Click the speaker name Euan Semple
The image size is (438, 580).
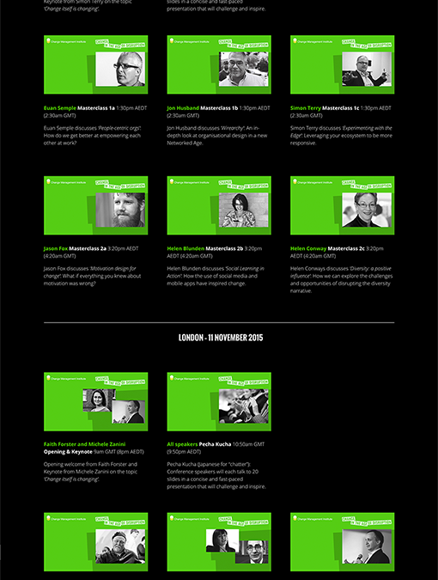pyautogui.click(x=60, y=108)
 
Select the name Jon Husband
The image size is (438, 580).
pyautogui.click(x=182, y=108)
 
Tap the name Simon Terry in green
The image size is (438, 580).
pyautogui.click(x=306, y=108)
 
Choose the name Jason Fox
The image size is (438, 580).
pyautogui.click(x=56, y=248)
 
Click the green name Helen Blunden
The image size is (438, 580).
pyautogui.click(x=185, y=248)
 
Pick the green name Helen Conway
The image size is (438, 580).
pyautogui.click(x=307, y=248)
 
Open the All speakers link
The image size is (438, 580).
pyautogui.click(x=182, y=444)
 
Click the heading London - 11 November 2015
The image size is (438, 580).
pyautogui.click(x=220, y=338)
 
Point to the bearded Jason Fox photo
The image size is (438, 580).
pyautogui.click(x=119, y=210)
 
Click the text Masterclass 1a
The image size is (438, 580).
pyautogui.click(x=96, y=108)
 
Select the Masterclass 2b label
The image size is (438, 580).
pyautogui.click(x=222, y=248)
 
